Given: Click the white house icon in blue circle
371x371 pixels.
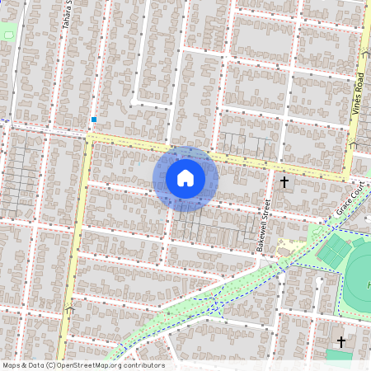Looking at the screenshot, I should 185,177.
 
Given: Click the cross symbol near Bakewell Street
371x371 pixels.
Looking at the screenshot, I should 284,181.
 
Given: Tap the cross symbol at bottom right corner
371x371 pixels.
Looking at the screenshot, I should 341,340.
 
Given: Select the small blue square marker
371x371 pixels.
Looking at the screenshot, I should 94,120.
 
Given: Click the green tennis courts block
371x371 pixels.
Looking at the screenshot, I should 334,252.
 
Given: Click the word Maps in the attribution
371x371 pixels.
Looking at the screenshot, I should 12,365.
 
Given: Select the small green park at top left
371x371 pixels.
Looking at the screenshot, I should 7,33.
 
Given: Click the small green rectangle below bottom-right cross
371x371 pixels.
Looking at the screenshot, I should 339,355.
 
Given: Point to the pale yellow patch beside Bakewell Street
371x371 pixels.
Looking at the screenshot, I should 284,246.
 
